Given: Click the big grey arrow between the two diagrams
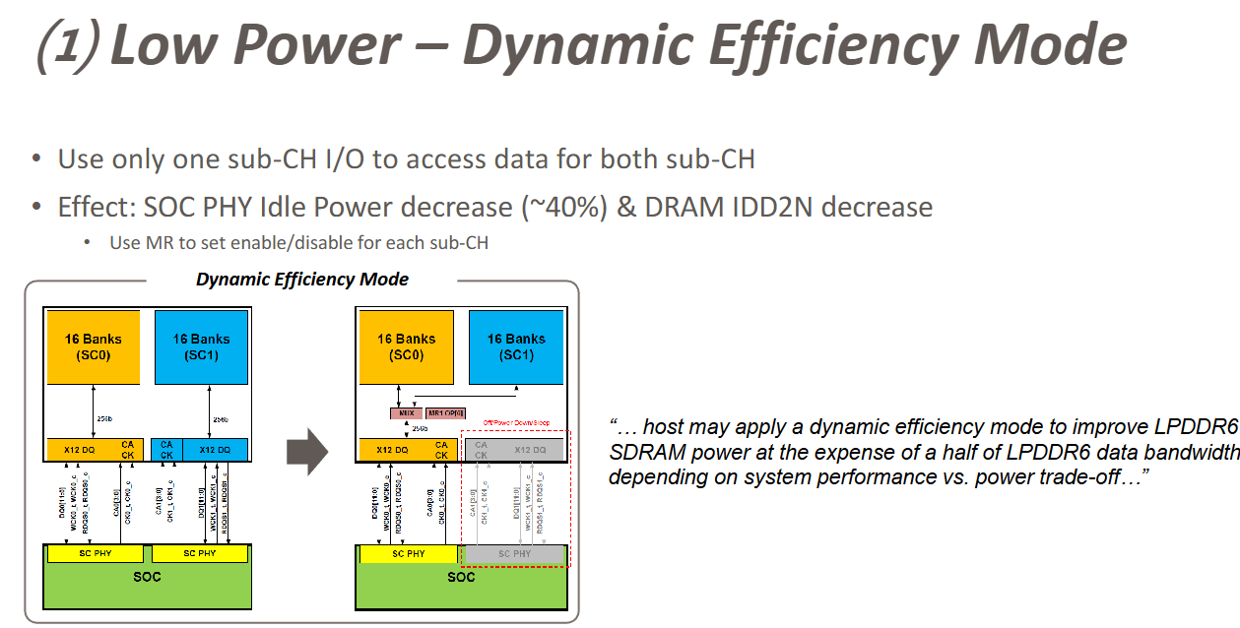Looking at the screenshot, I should pyautogui.click(x=306, y=451).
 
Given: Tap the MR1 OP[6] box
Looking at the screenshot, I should pyautogui.click(x=446, y=412).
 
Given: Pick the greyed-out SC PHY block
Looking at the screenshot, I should pyautogui.click(x=514, y=554).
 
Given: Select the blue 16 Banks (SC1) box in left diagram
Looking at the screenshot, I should pyautogui.click(x=202, y=346).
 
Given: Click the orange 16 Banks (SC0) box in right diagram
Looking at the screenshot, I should pyautogui.click(x=406, y=346).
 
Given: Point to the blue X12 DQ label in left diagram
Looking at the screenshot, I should pyautogui.click(x=215, y=450).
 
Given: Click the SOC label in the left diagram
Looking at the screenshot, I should pyautogui.click(x=147, y=577).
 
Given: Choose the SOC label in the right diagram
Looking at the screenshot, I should pyautogui.click(x=461, y=577).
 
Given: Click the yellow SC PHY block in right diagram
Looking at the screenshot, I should pyautogui.click(x=408, y=554).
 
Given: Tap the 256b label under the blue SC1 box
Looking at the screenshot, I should pyautogui.click(x=220, y=419).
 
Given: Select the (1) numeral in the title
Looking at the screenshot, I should pyautogui.click(x=66, y=46).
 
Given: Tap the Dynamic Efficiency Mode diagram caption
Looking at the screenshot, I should pyautogui.click(x=301, y=280).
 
